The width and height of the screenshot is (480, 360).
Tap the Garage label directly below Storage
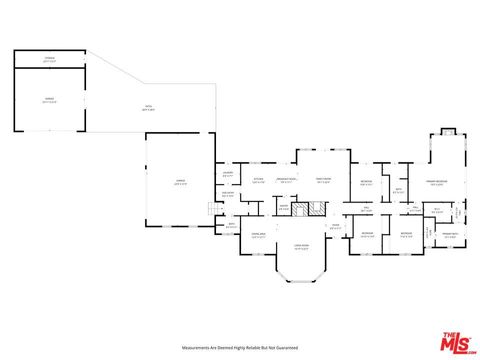pos(49,99)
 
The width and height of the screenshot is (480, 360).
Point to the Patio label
pos(148,108)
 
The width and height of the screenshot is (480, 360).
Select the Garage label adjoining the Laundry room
pos(180,182)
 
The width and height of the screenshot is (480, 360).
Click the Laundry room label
pos(228,174)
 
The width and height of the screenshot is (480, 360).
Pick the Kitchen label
pos(258,180)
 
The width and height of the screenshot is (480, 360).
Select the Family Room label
pos(323,181)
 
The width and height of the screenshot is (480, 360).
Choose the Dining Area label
pos(258,234)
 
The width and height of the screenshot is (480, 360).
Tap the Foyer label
pos(336,225)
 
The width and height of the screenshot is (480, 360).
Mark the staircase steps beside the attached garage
pos(210,209)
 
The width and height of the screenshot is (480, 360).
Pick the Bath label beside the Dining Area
pos(231,226)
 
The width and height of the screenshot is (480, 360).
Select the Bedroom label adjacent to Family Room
pos(367,183)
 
